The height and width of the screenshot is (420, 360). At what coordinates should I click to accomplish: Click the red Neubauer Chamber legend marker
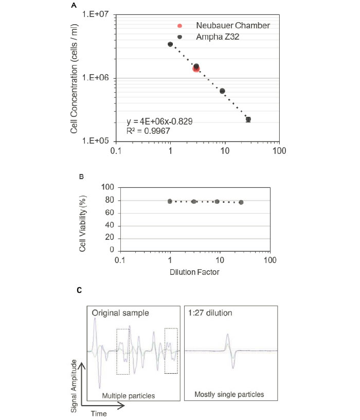(x=179, y=26)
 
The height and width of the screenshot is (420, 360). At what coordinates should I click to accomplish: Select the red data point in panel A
(x=196, y=68)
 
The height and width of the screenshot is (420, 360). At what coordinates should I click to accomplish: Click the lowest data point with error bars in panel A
(x=248, y=119)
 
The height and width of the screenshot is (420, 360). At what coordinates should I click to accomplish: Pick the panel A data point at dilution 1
(x=170, y=44)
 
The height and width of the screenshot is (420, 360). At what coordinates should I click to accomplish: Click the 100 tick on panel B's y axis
(x=107, y=187)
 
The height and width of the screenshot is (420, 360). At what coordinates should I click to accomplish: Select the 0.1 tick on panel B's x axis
(x=120, y=259)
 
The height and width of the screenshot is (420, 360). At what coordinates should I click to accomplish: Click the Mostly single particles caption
(x=229, y=395)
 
